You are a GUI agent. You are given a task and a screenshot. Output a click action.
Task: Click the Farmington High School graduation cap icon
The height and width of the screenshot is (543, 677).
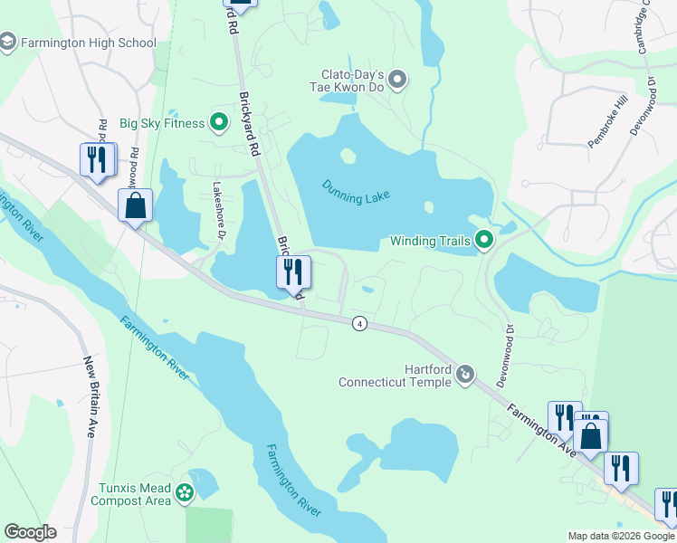tap(8, 43)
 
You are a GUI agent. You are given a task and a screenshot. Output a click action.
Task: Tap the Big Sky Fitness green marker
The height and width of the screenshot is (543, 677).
tap(219, 122)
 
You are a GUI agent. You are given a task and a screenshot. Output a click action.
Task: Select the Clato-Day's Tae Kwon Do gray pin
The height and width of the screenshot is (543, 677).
tap(398, 81)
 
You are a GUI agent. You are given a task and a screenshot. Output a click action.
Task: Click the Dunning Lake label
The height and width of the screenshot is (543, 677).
tap(356, 192)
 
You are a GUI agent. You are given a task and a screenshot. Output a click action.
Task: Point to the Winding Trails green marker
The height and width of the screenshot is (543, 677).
tap(484, 241)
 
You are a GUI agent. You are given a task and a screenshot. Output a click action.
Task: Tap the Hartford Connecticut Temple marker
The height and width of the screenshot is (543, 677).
tap(465, 373)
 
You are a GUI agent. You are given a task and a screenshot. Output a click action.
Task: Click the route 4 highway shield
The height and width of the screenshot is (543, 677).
tap(359, 324)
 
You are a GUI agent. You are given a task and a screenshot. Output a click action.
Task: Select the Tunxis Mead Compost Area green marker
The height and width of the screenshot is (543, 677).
tap(185, 493)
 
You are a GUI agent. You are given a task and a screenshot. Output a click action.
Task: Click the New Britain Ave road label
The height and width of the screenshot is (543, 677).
tap(91, 397)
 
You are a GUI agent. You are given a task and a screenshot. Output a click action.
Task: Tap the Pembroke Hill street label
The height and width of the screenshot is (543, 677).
tap(606, 124)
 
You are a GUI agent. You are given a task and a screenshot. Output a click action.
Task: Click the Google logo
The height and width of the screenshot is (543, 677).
tap(30, 532)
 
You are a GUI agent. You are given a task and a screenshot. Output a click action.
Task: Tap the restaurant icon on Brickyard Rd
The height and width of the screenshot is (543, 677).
tap(293, 271)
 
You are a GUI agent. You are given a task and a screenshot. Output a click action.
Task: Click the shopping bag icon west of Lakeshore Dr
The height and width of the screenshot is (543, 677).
tap(135, 205)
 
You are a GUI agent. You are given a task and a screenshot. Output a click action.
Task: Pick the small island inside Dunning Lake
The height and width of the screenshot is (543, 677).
tap(348, 156)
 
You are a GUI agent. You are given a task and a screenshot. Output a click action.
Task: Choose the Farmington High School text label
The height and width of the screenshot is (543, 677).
tap(89, 43)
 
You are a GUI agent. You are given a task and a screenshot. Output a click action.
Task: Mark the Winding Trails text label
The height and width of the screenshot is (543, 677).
tap(430, 241)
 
